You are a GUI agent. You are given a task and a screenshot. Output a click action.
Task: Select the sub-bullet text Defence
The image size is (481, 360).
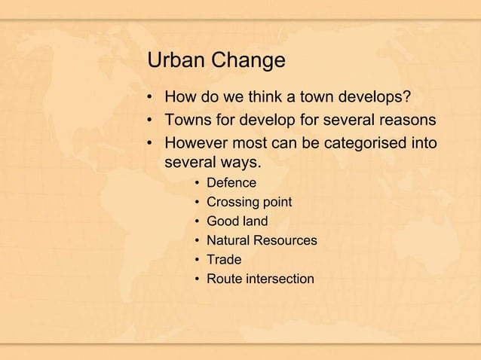pos(231,183)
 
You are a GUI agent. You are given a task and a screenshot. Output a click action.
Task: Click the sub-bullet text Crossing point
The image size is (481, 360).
pos(249,203)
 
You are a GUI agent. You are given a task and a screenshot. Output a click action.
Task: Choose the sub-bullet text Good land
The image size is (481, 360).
pos(237,221)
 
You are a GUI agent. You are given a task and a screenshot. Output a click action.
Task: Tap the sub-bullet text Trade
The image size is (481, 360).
pos(224,261)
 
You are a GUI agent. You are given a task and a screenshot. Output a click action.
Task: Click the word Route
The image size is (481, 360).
pos(223,279)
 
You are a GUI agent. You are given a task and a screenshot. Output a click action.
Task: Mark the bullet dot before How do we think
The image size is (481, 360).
pos(152,99)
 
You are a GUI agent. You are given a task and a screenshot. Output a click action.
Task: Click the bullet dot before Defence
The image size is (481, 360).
pos(196,184)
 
